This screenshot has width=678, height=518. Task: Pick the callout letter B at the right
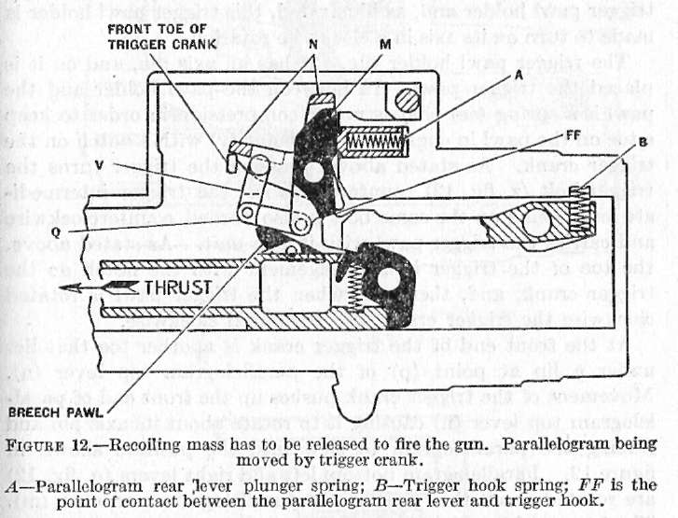point(610,146)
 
